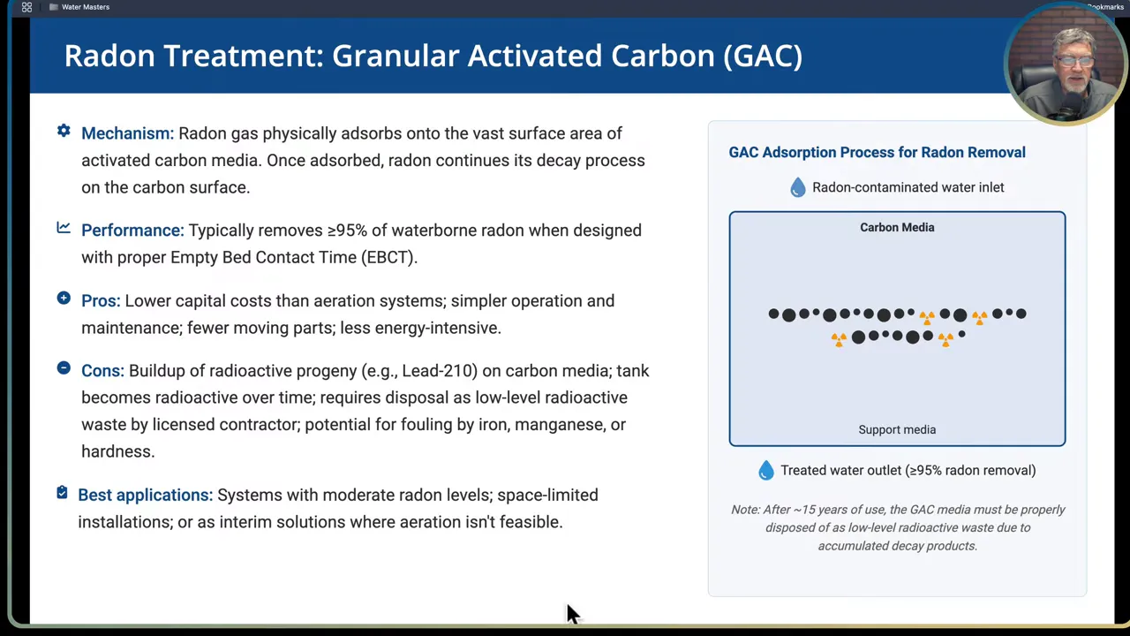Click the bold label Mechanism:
pyautogui.click(x=127, y=133)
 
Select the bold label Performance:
pyautogui.click(x=132, y=231)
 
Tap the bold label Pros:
pyautogui.click(x=101, y=301)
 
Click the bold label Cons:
pyautogui.click(x=102, y=371)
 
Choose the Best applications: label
pyautogui.click(x=145, y=496)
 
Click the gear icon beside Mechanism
pyautogui.click(x=64, y=131)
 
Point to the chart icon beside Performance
pyautogui.click(x=64, y=228)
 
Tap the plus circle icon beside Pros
pyautogui.click(x=64, y=299)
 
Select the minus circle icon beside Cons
pyautogui.click(x=64, y=368)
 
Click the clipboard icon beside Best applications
pyautogui.click(x=62, y=493)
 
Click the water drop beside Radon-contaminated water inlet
pyautogui.click(x=798, y=187)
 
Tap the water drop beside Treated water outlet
pyautogui.click(x=766, y=471)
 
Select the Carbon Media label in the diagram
pyautogui.click(x=897, y=227)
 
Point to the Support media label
pyautogui.click(x=897, y=430)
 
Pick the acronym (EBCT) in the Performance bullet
pyautogui.click(x=387, y=257)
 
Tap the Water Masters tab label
pyautogui.click(x=86, y=7)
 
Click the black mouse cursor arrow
pyautogui.click(x=572, y=613)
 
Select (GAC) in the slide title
pyautogui.click(x=763, y=56)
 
